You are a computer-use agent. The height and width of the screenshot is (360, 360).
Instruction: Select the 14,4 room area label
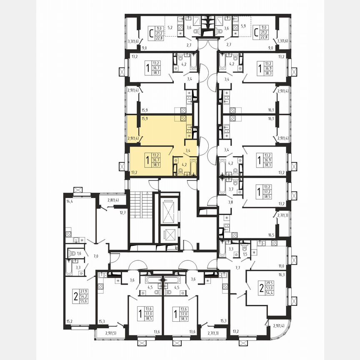pos(69,201)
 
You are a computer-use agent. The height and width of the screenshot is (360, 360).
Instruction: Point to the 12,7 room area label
pos(122,213)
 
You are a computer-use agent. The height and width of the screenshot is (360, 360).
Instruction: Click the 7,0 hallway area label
pos(96,256)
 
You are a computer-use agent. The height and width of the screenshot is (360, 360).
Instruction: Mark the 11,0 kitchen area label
pos(281,265)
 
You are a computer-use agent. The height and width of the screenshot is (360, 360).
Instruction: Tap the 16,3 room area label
pos(281,275)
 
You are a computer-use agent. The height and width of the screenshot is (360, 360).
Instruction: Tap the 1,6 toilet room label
pos(79,253)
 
